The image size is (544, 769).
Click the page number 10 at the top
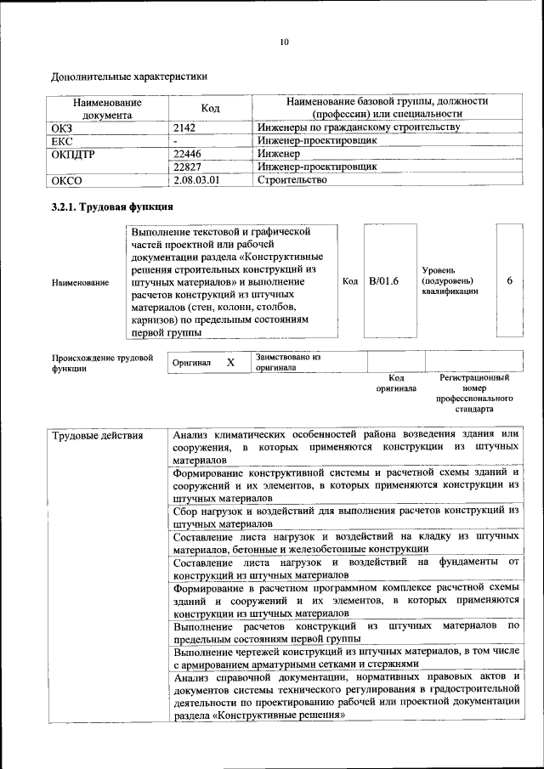285,42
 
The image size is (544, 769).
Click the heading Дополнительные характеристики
130,76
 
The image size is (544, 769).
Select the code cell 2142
184,127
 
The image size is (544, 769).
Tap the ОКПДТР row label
74,154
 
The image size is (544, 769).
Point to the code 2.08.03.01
195,180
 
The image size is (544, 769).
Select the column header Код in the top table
210,108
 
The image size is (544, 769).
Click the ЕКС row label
63,140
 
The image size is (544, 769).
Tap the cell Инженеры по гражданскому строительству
358,127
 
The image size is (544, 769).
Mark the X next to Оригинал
229,362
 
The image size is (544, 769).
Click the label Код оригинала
396,383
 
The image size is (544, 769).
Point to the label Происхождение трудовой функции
102,364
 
